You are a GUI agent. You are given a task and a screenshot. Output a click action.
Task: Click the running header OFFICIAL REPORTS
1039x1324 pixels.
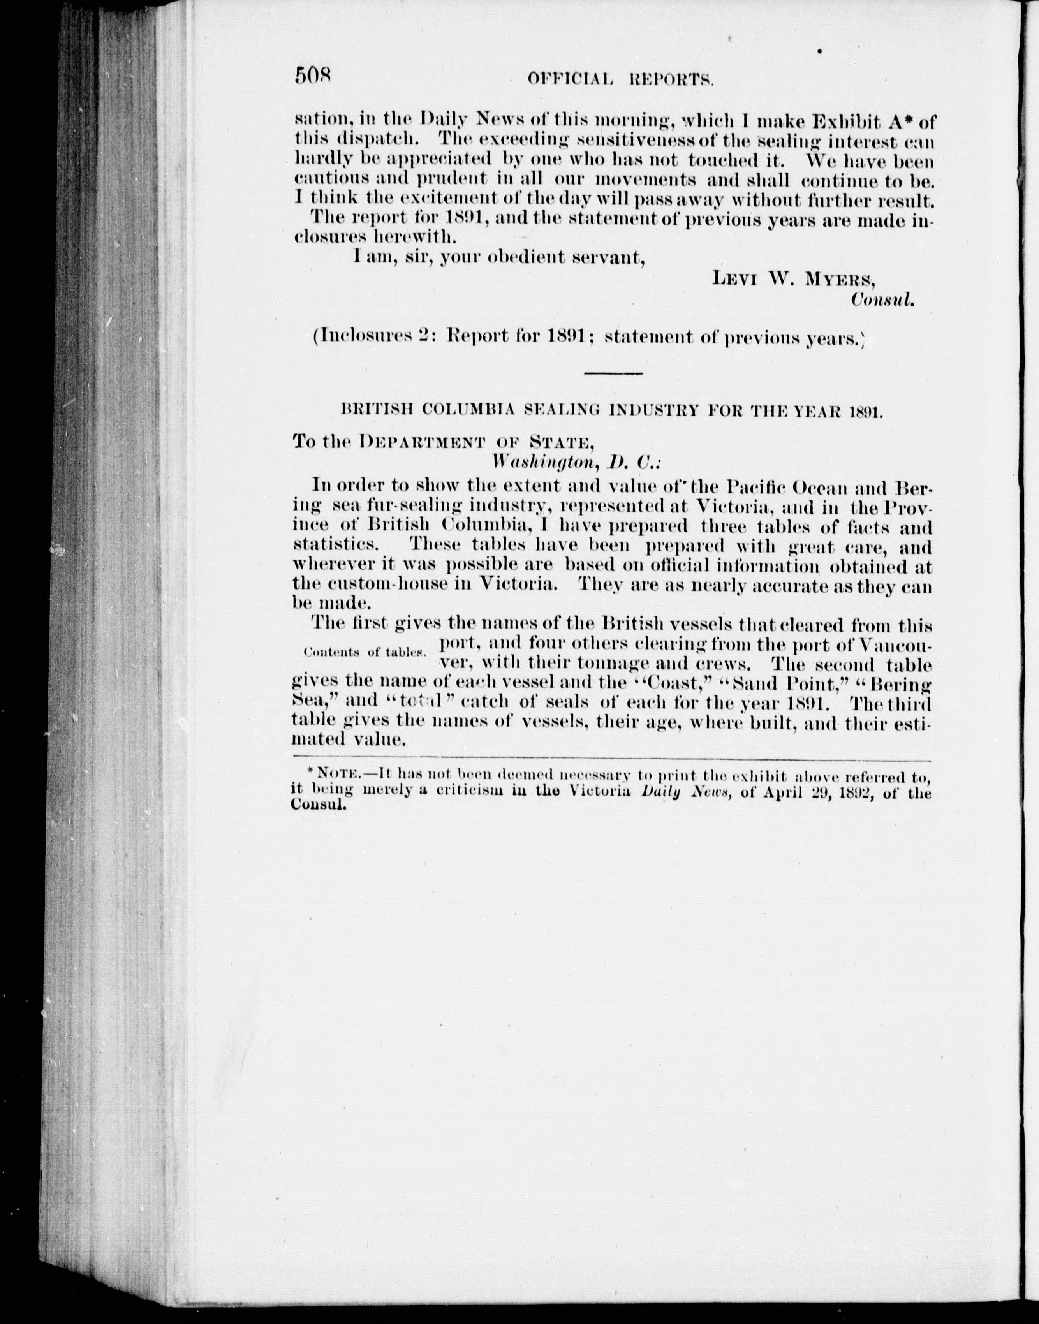point(620,79)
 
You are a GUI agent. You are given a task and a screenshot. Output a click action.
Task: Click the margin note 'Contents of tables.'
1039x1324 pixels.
point(363,653)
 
